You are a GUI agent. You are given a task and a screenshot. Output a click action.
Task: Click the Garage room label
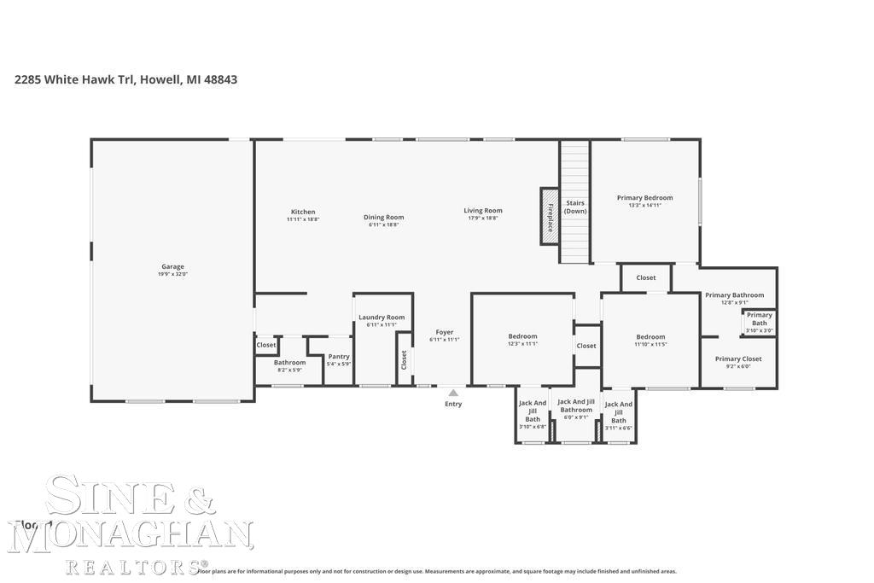coord(172,266)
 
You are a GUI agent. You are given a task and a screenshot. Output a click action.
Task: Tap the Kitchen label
coord(303,212)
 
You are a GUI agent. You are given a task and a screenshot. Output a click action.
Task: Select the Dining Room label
coord(383,217)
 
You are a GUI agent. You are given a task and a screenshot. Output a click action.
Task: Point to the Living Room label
coord(483,211)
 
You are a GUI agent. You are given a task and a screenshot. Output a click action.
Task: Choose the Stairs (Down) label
coord(575,207)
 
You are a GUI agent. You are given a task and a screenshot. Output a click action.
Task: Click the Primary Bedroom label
coord(644,197)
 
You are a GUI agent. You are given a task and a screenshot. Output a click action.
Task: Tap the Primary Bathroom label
coord(734,295)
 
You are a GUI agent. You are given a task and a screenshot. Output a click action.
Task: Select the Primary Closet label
coord(738,359)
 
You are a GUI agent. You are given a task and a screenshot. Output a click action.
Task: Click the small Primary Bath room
coord(759,322)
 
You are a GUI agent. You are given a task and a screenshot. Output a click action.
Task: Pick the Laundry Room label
coord(382,317)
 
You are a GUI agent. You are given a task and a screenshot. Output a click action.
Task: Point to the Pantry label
coord(339,356)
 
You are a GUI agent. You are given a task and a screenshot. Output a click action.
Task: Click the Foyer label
coord(445,332)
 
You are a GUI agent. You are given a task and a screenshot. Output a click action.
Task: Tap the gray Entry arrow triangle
coord(453,393)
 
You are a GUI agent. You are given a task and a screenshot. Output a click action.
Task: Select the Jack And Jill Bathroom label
coord(576,405)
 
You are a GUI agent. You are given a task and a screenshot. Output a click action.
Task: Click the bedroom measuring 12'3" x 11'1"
coord(522,339)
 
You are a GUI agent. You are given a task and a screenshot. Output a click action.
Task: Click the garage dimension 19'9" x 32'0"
coord(172,274)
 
